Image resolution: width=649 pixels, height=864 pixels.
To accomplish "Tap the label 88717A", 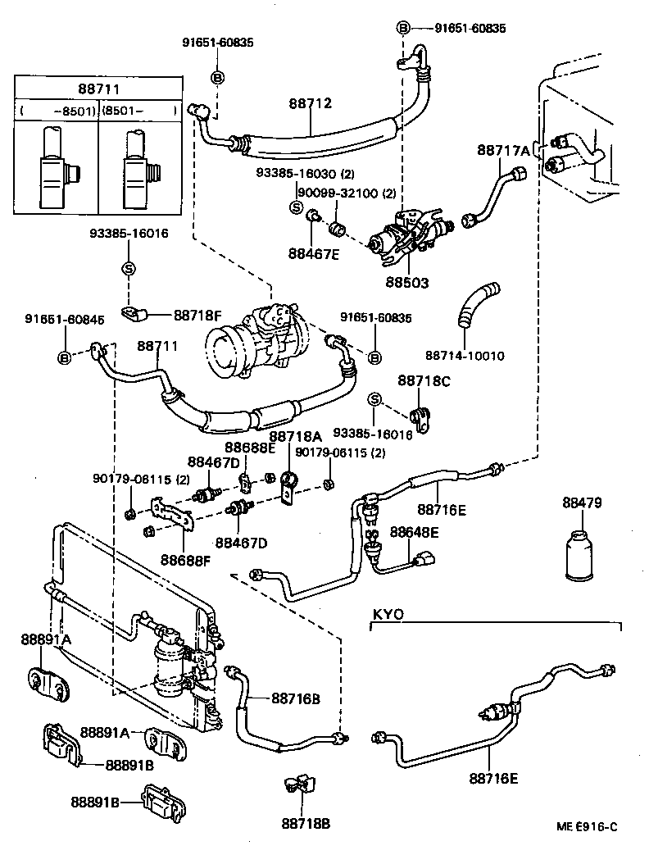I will tap(503, 150).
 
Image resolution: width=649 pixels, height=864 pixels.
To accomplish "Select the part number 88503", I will tap(406, 282).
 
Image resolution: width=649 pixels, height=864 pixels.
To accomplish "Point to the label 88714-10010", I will tap(465, 356).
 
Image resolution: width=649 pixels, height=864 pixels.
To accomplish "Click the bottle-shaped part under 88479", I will tap(581, 558).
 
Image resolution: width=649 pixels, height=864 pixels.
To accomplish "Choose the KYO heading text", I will tap(388, 614).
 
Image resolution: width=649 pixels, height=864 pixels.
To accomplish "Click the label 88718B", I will tap(306, 823).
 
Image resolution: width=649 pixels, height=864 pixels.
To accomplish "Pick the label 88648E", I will tap(414, 532).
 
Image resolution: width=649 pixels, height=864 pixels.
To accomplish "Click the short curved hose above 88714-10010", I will tap(478, 303).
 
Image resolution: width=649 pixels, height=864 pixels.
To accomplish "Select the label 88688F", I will tap(185, 560).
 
